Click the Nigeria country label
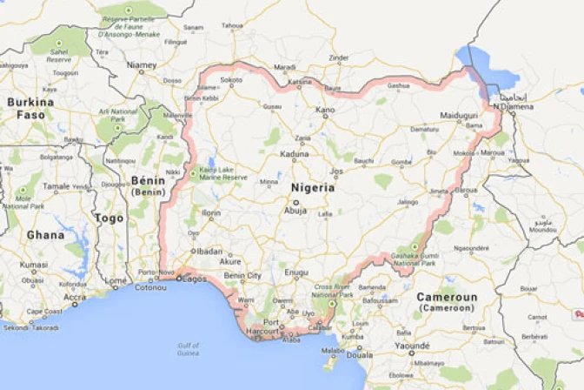pos(312,187)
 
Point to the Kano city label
pos(324,110)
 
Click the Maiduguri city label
pos(461,115)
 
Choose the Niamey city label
pos(141,64)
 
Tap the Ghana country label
pos(45,235)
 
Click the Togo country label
pos(109,219)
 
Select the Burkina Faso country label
pos(30,108)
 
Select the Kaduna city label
pos(294,154)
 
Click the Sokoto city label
pos(231,80)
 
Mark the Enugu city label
pos(296,272)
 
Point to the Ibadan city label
pos(209,251)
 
